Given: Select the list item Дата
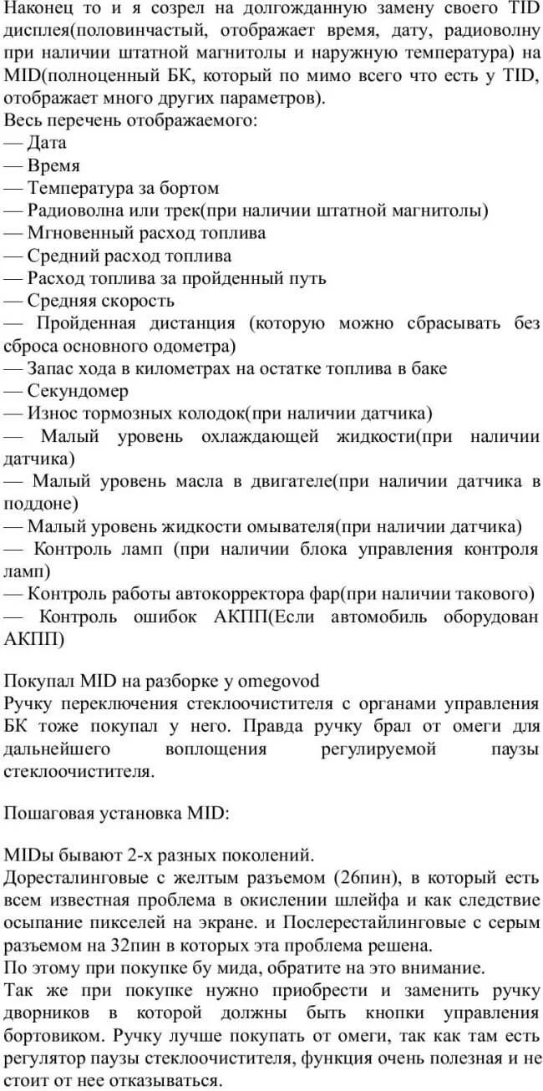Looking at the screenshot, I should tap(47, 143).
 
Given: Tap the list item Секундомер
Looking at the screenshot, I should tap(78, 390).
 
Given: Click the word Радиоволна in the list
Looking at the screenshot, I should tap(75, 211).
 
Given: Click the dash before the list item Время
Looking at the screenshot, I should tap(13, 165).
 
